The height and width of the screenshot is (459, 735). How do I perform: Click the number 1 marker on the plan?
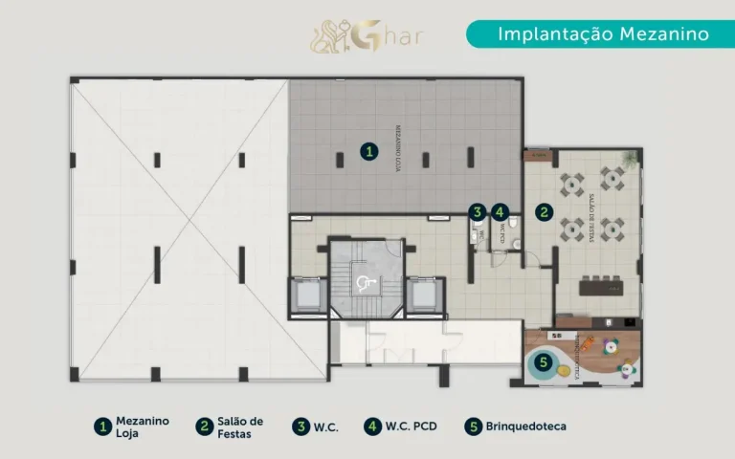[x=367, y=151]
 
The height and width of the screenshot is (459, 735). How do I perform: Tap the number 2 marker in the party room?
[x=543, y=212]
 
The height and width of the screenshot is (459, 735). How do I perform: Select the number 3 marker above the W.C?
[x=477, y=212]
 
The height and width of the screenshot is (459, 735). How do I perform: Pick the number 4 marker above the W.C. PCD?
[x=499, y=212]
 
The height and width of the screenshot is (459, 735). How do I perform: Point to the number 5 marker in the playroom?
[x=544, y=362]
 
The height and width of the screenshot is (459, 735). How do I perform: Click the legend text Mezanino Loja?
[x=142, y=426]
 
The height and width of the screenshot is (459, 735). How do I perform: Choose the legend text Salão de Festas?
[x=240, y=426]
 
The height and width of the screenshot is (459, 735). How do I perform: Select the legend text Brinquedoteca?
[x=525, y=426]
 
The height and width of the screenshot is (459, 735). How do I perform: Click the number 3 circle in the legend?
[x=301, y=426]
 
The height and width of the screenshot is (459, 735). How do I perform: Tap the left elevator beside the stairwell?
[x=308, y=295]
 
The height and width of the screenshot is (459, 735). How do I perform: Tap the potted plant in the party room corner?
[x=532, y=156]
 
